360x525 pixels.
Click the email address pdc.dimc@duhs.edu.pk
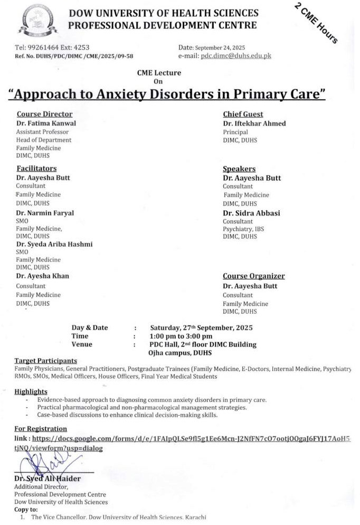point(235,55)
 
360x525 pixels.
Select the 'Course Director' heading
point(44,114)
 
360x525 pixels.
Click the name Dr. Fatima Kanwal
point(46,123)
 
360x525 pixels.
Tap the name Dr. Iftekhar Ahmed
point(254,123)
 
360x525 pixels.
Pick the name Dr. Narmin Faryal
point(45,212)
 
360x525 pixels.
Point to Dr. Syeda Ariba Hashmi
point(54,244)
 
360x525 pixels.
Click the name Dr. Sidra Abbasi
point(251,213)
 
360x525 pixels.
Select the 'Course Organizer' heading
point(253,276)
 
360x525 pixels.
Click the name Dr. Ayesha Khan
point(42,276)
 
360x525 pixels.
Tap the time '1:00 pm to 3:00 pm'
point(181,336)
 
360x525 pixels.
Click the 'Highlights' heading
point(31,391)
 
